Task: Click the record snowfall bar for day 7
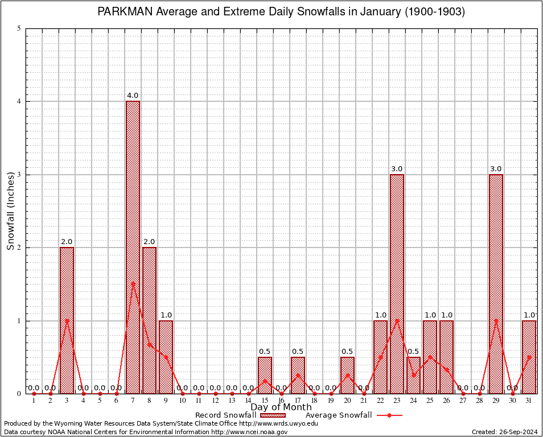point(133,248)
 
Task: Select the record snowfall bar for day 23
point(397,284)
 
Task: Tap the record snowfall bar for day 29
point(496,284)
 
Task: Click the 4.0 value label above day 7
point(133,96)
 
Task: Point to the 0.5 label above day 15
point(265,351)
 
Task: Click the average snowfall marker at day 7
point(133,283)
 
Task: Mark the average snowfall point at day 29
point(496,320)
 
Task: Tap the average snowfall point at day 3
point(67,320)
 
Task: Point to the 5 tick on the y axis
point(19,28)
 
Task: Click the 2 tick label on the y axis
point(19,248)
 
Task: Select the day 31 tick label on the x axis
point(529,401)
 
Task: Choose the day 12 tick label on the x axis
point(215,401)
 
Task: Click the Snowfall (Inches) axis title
point(10,211)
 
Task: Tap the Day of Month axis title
point(281,407)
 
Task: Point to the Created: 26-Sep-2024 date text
point(504,432)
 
